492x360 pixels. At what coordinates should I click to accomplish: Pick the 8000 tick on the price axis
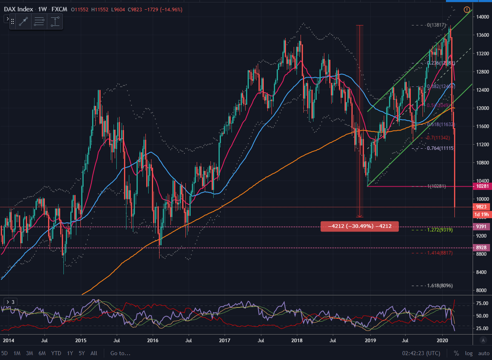pos(481,290)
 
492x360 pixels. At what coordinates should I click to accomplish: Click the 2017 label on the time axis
pos(225,341)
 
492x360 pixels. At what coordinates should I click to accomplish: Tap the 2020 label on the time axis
pos(443,341)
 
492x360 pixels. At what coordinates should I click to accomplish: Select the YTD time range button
pos(56,353)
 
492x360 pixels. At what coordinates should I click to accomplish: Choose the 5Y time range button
pos(82,353)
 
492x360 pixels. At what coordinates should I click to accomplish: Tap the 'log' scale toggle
pos(469,353)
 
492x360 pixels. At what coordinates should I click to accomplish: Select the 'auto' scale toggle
pos(484,353)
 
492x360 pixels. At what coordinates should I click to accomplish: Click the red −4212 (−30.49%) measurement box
pos(360,227)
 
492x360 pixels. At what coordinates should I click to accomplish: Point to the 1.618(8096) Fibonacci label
pos(439,286)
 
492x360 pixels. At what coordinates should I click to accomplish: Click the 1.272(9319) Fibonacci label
pos(439,230)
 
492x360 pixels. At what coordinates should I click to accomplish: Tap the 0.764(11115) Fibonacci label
pos(440,148)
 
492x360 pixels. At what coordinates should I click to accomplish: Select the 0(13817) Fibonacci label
pos(438,25)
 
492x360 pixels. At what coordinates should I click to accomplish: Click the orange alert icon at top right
pos(467,9)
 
